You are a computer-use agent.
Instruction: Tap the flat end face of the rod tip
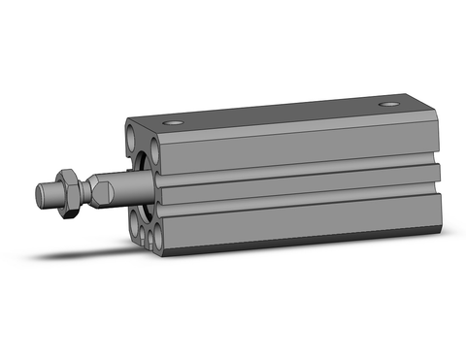point(40,191)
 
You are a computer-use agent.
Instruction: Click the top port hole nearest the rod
point(174,122)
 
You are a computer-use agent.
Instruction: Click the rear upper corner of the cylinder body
point(434,107)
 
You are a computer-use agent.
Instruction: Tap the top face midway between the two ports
point(282,113)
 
